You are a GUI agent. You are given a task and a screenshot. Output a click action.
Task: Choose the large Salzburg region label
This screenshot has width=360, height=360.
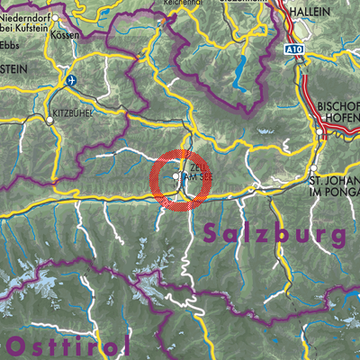click(275, 234)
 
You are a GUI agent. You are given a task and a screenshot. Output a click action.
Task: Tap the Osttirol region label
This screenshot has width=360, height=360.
click(67, 346)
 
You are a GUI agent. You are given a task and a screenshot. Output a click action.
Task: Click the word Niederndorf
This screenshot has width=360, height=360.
click(26, 15)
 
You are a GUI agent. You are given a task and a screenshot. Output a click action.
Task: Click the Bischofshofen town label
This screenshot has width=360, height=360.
click(338, 112)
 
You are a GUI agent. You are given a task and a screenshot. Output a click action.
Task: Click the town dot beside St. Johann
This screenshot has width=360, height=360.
click(312, 169)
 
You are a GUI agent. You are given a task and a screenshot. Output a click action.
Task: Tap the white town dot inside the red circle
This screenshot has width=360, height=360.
click(175, 176)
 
